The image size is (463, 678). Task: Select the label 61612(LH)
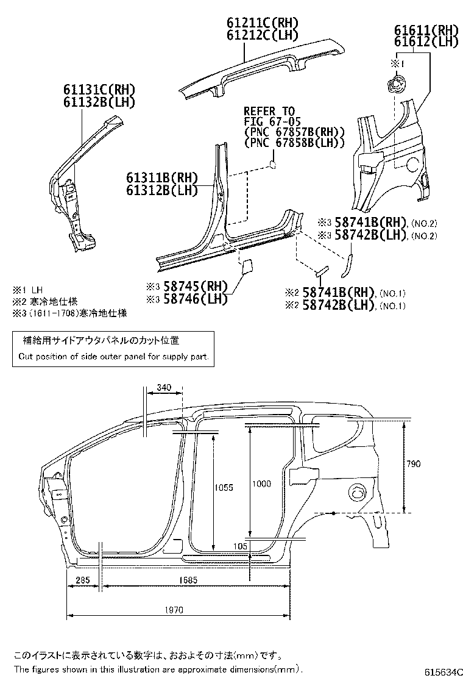425,41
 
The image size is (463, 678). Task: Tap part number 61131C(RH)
99,90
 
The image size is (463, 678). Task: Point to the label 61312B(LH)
162,190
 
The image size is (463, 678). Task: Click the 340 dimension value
163,387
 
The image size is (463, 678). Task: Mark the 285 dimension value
83,580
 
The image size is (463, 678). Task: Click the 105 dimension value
240,546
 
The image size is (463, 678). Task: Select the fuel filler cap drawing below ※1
395,84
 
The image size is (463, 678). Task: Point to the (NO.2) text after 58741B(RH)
424,223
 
